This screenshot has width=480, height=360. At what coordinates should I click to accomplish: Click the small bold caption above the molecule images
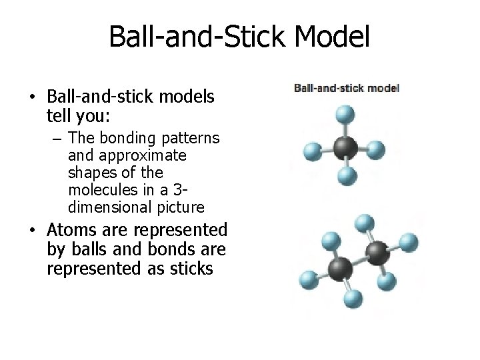pyautogui.click(x=347, y=87)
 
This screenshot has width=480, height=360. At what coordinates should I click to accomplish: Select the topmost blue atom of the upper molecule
pyautogui.click(x=344, y=115)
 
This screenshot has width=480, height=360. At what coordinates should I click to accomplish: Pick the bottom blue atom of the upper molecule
pyautogui.click(x=345, y=176)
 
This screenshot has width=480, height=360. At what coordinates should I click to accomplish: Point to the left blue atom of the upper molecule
pyautogui.click(x=312, y=152)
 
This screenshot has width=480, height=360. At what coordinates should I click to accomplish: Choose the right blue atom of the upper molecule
pyautogui.click(x=376, y=149)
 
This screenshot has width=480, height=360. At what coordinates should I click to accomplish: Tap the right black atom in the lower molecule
pyautogui.click(x=377, y=253)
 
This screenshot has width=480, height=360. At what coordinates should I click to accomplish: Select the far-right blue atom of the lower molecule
pyautogui.click(x=409, y=241)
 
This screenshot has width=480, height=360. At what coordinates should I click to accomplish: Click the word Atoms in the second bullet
pyautogui.click(x=71, y=230)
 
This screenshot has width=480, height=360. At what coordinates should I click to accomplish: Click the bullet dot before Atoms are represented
pyautogui.click(x=33, y=231)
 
